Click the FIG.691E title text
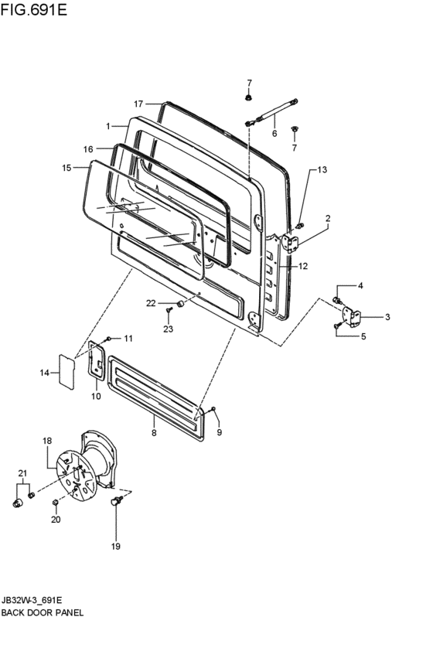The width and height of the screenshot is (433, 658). tap(34, 9)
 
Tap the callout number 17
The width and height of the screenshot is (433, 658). tap(139, 104)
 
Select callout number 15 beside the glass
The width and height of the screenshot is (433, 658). tap(67, 168)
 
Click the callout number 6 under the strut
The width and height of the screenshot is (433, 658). tap(274, 134)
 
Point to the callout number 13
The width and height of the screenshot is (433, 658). tap(322, 170)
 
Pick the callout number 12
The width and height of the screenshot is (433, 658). tap(303, 266)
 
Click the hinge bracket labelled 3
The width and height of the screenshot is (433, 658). tap(352, 316)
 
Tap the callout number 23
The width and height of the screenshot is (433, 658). tap(169, 329)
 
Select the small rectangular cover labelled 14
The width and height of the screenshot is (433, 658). tap(66, 371)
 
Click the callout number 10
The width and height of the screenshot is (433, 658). tap(97, 396)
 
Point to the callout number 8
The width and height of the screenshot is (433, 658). tap(154, 432)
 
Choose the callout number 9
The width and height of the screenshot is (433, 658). tap(220, 432)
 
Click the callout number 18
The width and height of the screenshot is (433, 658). tap(47, 441)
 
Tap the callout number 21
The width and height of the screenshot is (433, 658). tap(22, 473)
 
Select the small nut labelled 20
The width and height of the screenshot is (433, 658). tap(55, 503)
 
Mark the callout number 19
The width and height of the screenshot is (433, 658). tap(116, 546)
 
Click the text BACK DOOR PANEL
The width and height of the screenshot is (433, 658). tap(43, 612)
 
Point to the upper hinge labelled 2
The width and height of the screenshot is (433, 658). tap(290, 244)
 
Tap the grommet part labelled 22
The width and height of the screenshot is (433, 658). tap(180, 303)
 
